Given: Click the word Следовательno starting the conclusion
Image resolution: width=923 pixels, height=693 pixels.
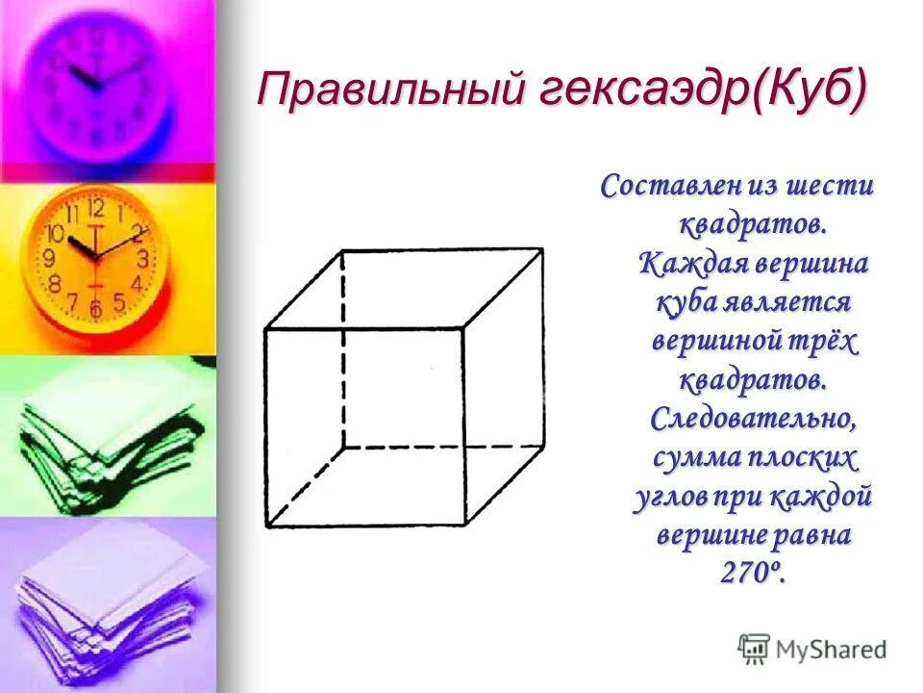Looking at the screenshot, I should pyautogui.click(x=754, y=419).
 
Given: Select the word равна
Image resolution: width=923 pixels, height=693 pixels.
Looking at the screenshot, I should pyautogui.click(x=807, y=535).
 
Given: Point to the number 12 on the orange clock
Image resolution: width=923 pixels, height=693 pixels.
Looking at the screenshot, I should pyautogui.click(x=95, y=208).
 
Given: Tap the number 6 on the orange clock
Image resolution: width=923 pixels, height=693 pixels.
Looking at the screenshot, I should pyautogui.click(x=95, y=309).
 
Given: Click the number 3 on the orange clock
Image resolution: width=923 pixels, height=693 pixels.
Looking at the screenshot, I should pyautogui.click(x=143, y=258).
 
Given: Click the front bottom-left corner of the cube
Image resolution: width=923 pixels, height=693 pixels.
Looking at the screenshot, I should pyautogui.click(x=266, y=526).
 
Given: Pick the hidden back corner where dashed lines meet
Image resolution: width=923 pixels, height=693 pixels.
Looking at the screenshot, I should pyautogui.click(x=343, y=448).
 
